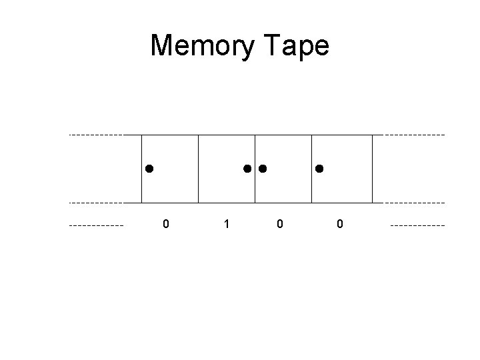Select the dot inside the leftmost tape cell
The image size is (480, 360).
coord(149,169)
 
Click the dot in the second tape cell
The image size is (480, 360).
coord(247,169)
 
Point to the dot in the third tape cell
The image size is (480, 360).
coord(263,169)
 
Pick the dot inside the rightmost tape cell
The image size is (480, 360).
coord(319,169)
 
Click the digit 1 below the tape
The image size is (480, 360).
coord(227,225)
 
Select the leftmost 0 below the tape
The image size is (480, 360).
coord(166,225)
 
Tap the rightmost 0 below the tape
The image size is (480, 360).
coord(340,225)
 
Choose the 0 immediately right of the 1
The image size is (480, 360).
coord(279,225)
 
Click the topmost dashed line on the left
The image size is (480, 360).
coord(97,135)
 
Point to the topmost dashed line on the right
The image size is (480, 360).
coord(415,135)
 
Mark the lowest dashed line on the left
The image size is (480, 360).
coord(97,225)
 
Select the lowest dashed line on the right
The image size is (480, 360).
coord(417,225)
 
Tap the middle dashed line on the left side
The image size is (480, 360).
coord(97,202)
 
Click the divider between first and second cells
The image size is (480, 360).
coord(198,169)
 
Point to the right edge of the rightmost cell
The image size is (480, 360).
coord(372,169)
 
